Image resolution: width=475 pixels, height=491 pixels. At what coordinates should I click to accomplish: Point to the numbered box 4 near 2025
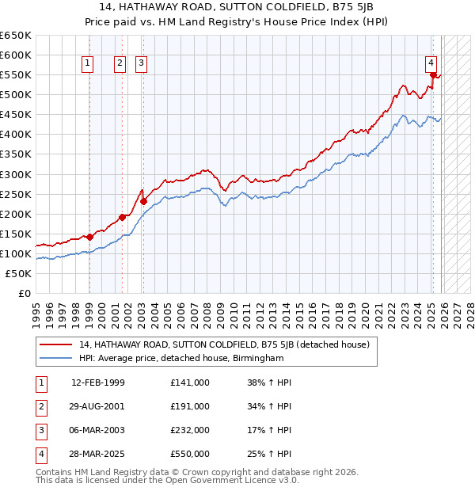(x=430, y=63)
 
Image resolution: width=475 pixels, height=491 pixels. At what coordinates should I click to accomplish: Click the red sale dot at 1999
(x=90, y=236)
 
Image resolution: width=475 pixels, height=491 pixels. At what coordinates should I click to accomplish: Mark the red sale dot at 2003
(x=143, y=201)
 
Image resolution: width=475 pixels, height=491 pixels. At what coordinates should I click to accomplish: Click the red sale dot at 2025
(x=433, y=75)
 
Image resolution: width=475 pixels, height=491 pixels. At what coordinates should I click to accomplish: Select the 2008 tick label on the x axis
(x=207, y=310)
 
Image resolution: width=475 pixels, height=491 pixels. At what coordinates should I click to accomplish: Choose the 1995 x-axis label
(x=36, y=310)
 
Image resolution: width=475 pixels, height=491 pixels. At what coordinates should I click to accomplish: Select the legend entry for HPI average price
(x=181, y=359)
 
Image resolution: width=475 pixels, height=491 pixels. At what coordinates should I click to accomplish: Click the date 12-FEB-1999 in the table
(x=98, y=383)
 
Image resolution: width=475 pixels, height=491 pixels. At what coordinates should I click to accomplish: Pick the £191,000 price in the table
(x=190, y=406)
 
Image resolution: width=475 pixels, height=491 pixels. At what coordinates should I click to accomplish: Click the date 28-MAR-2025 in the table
(x=98, y=454)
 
